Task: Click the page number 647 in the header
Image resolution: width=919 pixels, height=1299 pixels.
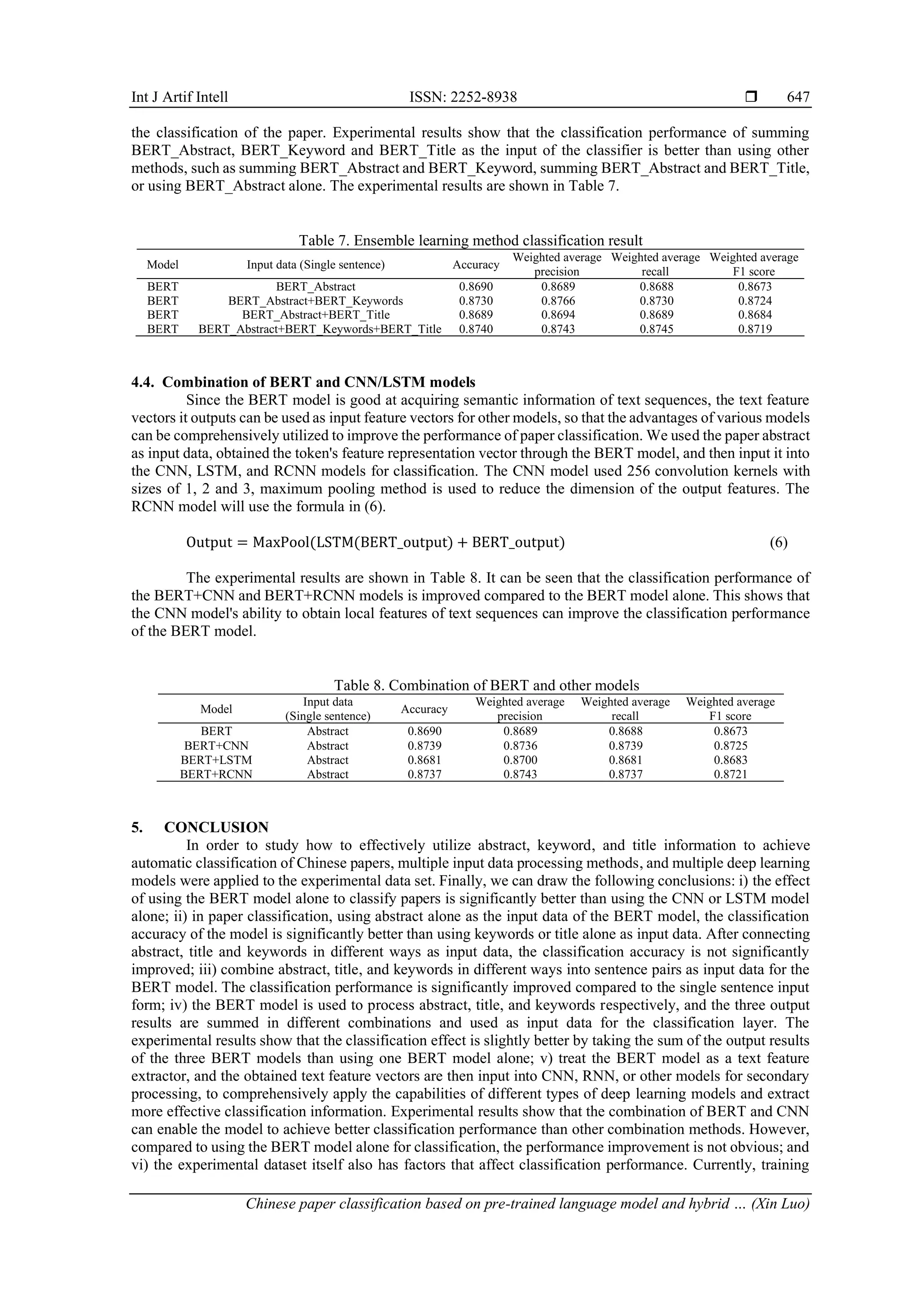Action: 798,97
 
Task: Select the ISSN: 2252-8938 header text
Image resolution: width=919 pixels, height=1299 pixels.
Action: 463,97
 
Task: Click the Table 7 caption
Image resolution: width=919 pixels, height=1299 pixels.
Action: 470,240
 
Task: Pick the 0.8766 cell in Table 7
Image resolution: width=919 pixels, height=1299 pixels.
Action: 557,301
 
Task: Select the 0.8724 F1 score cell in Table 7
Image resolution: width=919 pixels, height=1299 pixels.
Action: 754,301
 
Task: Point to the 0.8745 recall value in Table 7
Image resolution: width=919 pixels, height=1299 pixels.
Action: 656,329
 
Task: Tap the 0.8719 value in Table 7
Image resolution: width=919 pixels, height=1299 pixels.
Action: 754,329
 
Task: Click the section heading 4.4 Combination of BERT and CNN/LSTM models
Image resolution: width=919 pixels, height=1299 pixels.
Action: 303,383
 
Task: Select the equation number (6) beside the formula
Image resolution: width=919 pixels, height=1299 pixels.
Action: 778,543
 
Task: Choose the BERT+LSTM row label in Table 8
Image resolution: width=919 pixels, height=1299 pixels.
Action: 216,760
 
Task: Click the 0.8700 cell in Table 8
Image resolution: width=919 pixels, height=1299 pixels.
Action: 520,760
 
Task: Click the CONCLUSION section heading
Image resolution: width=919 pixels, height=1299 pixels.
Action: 216,828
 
